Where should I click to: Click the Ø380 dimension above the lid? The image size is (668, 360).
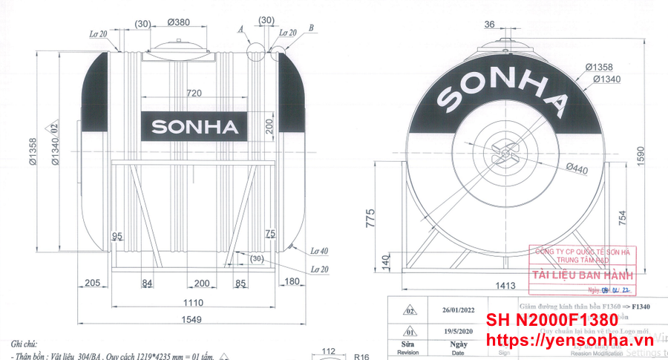pyautogui.click(x=180, y=22)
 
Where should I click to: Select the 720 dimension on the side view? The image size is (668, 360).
pyautogui.click(x=194, y=94)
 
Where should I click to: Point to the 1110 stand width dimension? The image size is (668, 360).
pyautogui.click(x=194, y=302)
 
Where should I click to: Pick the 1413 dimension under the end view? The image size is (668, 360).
pyautogui.click(x=506, y=284)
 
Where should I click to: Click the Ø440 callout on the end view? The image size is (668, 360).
pyautogui.click(x=576, y=169)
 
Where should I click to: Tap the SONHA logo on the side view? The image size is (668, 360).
pyautogui.click(x=195, y=127)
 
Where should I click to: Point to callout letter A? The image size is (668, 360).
pyautogui.click(x=241, y=30)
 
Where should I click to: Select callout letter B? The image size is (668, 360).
pyautogui.click(x=312, y=28)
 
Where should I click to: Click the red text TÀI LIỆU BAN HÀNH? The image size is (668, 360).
pyautogui.click(x=580, y=277)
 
